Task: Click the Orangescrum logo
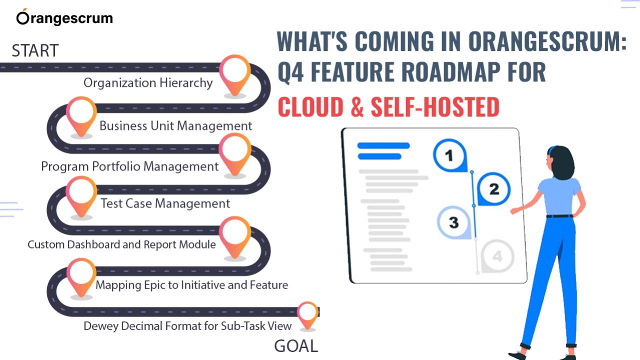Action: pos(64,17)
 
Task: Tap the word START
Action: pos(35,50)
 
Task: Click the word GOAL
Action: pos(296,346)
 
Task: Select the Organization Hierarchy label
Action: pos(148,83)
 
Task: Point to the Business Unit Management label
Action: pos(175,126)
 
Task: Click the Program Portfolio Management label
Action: pos(129,166)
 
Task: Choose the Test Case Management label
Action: pos(165,203)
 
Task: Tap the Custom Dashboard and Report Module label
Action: pos(121,244)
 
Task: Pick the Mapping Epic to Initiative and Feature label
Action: pos(191,285)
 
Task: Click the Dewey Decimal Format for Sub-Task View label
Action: pos(187,326)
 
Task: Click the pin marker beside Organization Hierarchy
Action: pos(235,75)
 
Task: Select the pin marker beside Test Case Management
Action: pos(81,196)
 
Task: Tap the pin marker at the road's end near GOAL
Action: pos(307,315)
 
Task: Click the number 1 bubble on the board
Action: pos(450,155)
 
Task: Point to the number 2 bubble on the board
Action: pos(493,189)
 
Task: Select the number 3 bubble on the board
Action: pos(453,222)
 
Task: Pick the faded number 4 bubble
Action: pos(497,256)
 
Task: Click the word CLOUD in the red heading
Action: pos(310,107)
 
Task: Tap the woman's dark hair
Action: pos(561,162)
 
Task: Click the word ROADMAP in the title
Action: pos(451,71)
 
